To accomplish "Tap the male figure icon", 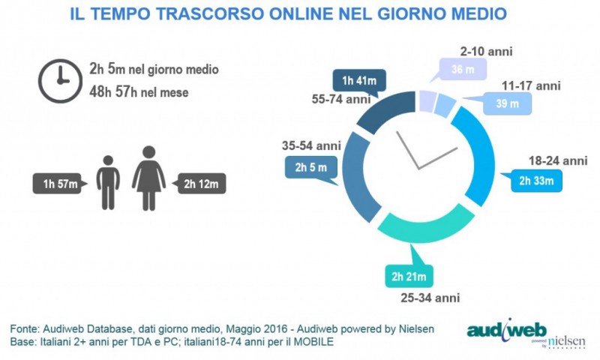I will pyautogui.click(x=109, y=182).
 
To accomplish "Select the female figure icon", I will pyautogui.click(x=148, y=178).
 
